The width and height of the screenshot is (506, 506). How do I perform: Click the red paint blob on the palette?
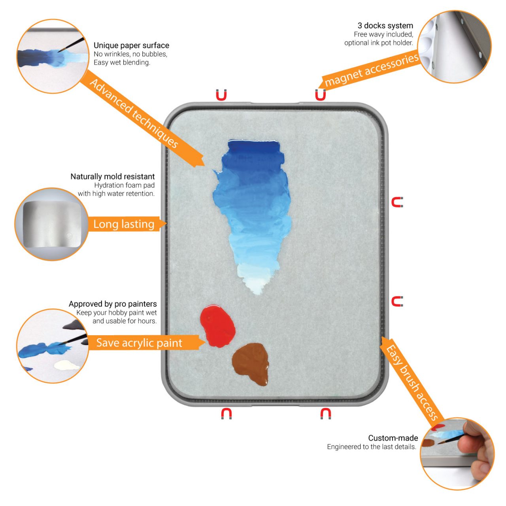[x=217, y=326]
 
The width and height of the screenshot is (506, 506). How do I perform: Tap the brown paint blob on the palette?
[x=251, y=363]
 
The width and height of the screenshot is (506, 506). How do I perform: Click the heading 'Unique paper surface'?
[x=131, y=45]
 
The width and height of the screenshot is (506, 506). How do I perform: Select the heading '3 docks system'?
[x=385, y=25]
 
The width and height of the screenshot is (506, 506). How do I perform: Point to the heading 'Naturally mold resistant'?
[x=113, y=176]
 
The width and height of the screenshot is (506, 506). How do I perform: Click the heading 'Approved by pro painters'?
[x=113, y=304]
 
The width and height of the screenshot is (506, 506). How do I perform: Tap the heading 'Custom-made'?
[x=393, y=438]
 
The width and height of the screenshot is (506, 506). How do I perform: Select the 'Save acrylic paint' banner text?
[x=139, y=343]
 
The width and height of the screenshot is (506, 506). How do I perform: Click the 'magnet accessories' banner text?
[x=371, y=70]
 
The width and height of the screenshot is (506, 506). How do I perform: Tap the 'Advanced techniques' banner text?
[x=134, y=113]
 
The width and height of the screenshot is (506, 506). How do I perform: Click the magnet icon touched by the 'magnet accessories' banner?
[x=320, y=95]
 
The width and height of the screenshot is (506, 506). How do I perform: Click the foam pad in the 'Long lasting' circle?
[x=52, y=224]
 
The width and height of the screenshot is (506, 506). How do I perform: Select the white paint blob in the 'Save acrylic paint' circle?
[x=66, y=365]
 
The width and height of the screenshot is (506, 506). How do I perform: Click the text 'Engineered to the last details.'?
[x=372, y=447]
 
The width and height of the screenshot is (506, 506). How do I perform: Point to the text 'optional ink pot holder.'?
[x=379, y=43]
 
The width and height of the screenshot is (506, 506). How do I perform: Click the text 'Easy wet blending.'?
[x=122, y=62]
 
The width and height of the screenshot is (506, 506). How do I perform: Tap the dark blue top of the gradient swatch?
[x=253, y=147]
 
